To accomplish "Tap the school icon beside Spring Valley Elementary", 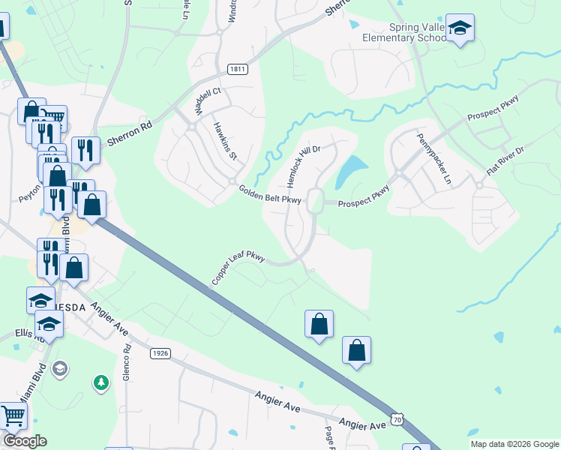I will click(460, 29).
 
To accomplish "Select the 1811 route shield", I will click(238, 69).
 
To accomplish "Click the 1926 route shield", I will click(159, 353).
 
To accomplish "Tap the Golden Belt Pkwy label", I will click(270, 194).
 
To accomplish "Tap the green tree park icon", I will click(100, 383).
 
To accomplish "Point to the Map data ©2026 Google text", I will click(514, 444).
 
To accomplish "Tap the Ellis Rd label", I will click(25, 334).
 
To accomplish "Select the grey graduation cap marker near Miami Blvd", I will click(60, 369).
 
